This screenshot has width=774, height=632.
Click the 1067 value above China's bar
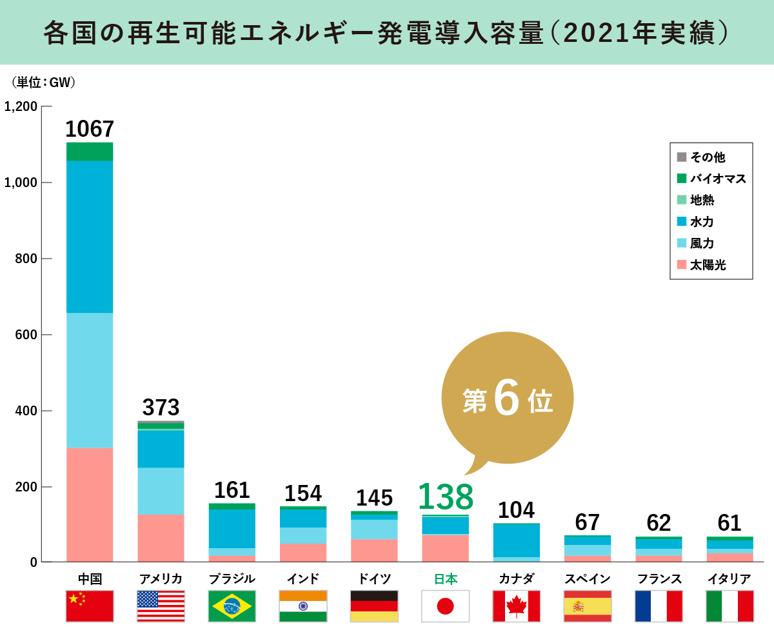(x=90, y=129)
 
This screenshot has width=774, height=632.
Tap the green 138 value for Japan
(x=445, y=497)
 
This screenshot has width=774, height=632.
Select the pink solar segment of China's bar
(x=90, y=504)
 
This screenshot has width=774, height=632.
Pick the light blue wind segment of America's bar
(x=161, y=491)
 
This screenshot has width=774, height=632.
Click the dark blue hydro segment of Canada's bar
(x=516, y=540)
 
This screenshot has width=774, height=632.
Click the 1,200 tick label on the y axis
(x=21, y=106)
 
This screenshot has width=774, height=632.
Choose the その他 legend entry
(x=707, y=157)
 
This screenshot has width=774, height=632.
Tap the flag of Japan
(x=445, y=606)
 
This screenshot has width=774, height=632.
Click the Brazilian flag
(x=232, y=606)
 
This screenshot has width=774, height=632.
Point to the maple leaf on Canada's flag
(x=516, y=606)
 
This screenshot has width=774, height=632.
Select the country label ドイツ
(x=374, y=578)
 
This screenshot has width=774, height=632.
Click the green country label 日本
(x=445, y=578)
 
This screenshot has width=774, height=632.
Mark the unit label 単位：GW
(x=44, y=83)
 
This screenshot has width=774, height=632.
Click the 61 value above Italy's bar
(x=729, y=523)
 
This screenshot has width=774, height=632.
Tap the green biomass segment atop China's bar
(x=90, y=152)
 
